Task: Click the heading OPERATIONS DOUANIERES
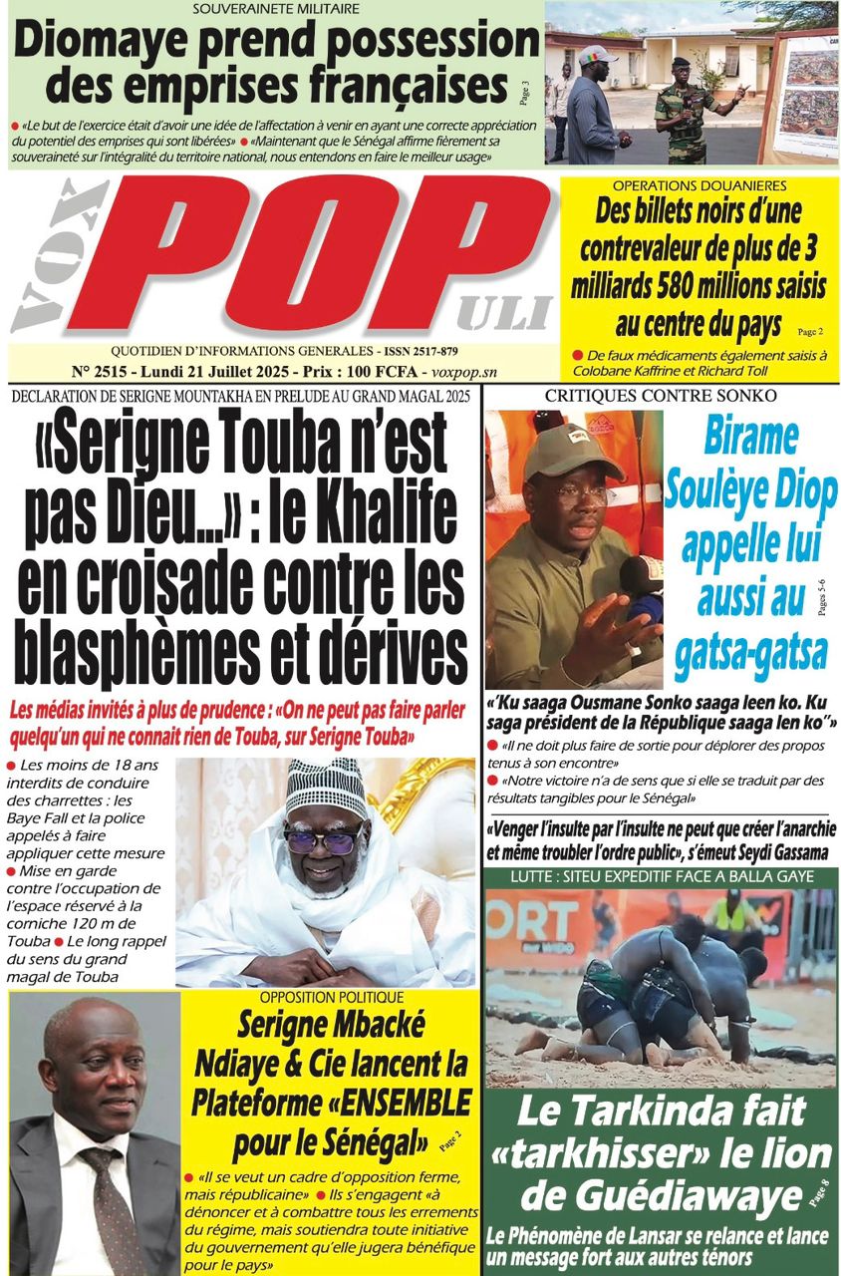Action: pyautogui.click(x=700, y=186)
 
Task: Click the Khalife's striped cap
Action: pyautogui.click(x=327, y=785)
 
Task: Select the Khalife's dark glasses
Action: pyautogui.click(x=324, y=840)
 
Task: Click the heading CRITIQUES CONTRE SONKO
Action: pyautogui.click(x=661, y=396)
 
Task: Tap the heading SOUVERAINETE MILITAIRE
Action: pyautogui.click(x=276, y=9)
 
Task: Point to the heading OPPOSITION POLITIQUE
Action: pyautogui.click(x=332, y=997)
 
